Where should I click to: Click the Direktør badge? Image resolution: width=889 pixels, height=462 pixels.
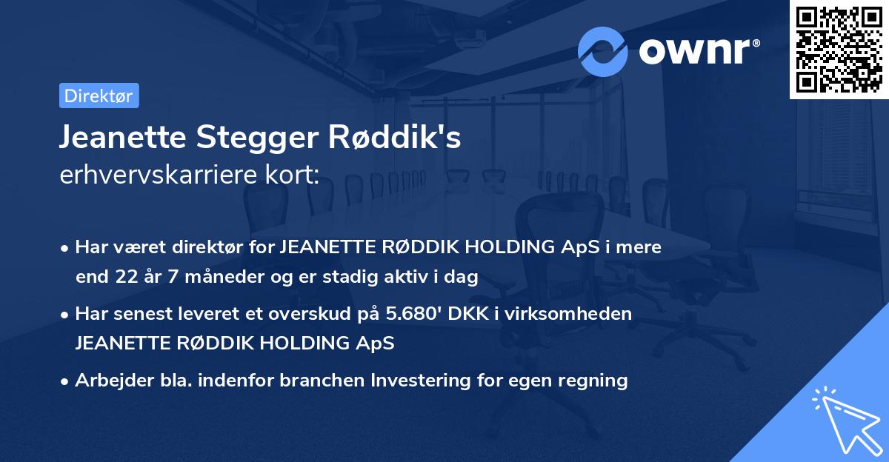[x=99, y=96]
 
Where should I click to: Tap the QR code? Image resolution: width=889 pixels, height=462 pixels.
[x=838, y=49]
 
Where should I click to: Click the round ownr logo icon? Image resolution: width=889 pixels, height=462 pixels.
[x=603, y=51]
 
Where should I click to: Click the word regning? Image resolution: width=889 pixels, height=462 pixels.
[x=592, y=381]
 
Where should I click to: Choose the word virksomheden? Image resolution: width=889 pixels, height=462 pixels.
[x=585, y=314]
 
